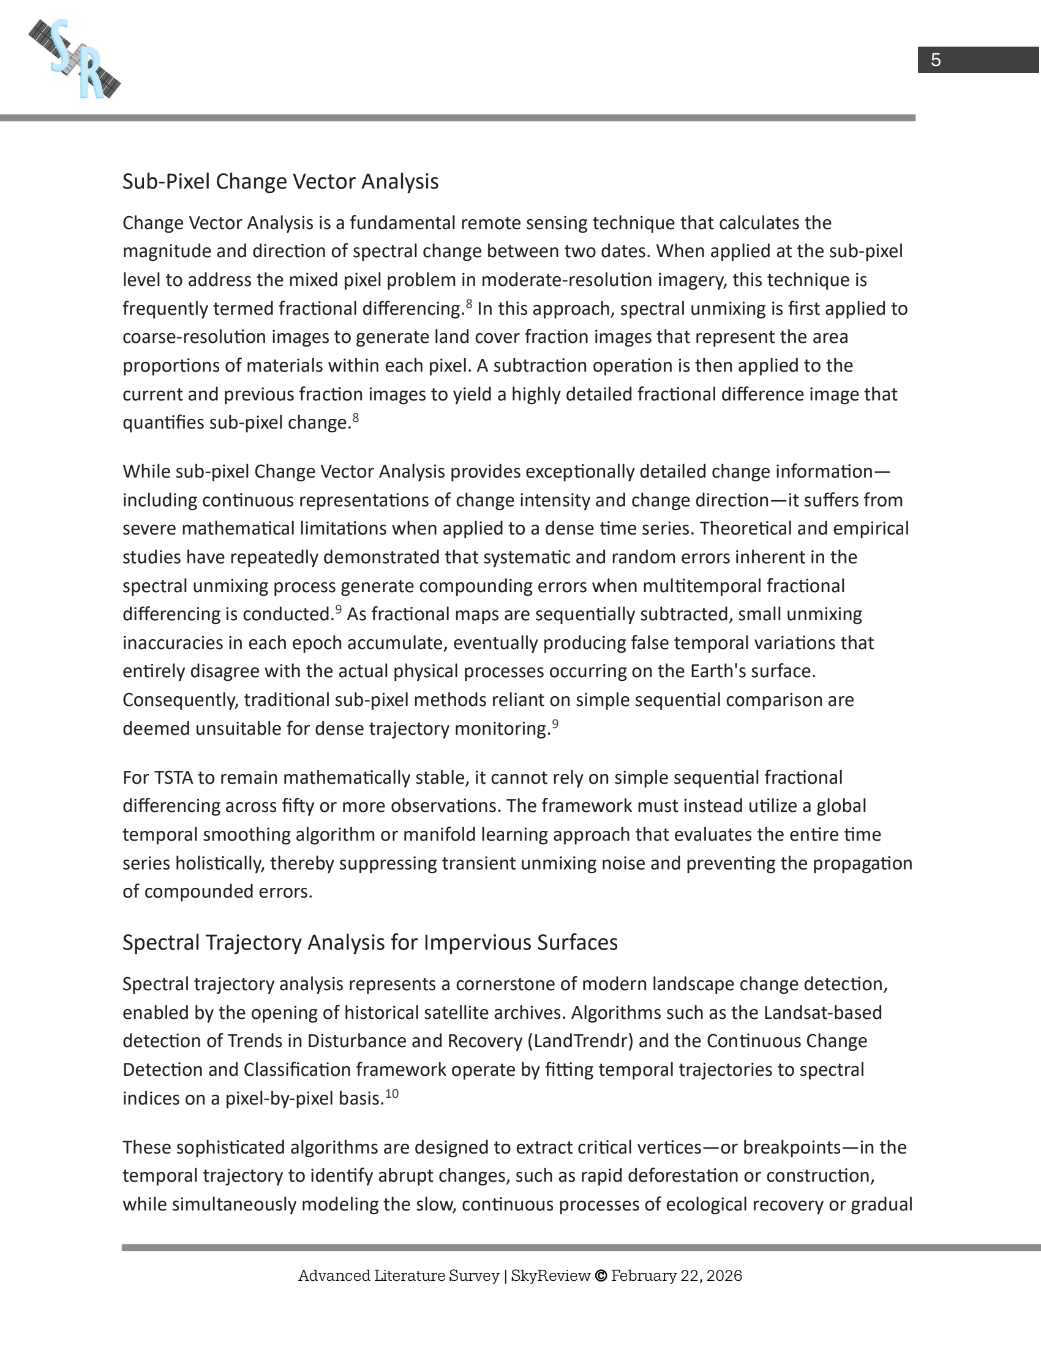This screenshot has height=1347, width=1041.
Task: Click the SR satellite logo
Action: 75,59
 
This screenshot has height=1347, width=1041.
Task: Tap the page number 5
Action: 936,60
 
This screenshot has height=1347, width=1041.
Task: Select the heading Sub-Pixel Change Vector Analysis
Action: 280,181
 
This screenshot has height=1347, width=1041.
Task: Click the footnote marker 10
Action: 392,1094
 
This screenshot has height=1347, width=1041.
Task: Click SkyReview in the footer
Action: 550,1275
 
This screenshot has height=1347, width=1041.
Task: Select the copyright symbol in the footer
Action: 600,1275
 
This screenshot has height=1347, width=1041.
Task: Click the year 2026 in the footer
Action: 724,1275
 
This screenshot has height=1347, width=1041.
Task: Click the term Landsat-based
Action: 822,1012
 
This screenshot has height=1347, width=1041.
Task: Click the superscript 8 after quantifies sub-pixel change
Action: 355,419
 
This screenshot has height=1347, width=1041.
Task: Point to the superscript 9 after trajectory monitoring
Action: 555,725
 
